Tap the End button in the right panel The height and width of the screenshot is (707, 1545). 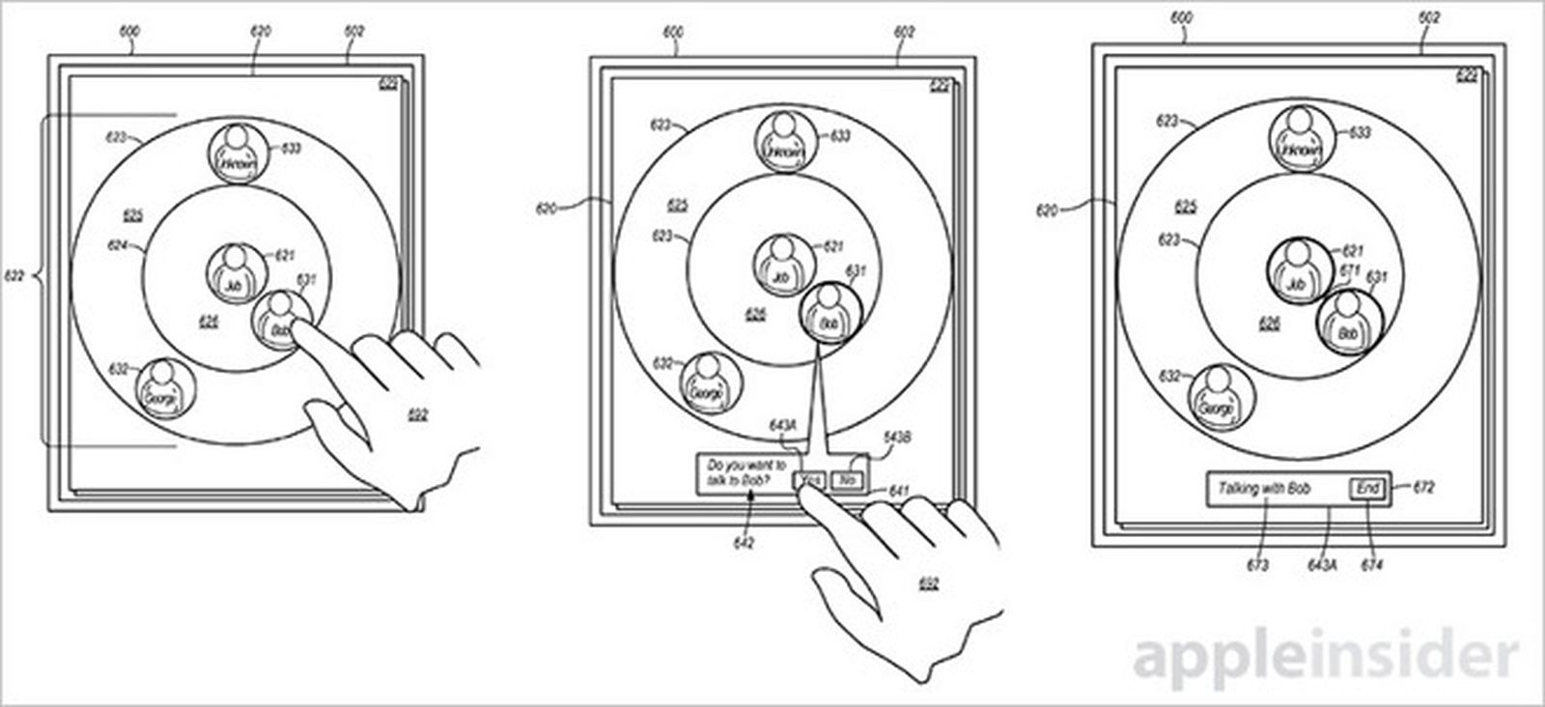[x=1367, y=489]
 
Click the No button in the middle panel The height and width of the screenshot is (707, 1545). [x=847, y=480]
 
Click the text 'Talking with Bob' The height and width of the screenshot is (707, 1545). [x=1263, y=489]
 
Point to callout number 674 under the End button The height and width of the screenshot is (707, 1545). [x=1370, y=565]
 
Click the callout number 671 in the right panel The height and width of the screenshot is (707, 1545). [x=1350, y=270]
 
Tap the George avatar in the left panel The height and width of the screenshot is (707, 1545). [x=163, y=389]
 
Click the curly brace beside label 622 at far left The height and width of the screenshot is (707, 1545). [x=39, y=281]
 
